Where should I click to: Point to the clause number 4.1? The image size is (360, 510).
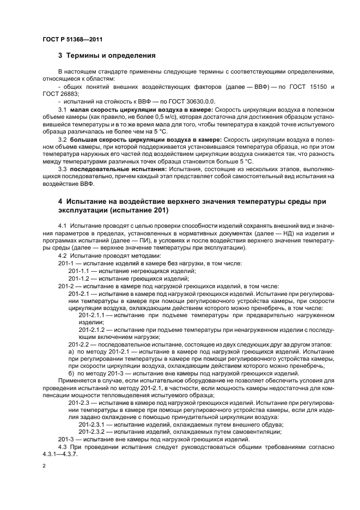point(62,226)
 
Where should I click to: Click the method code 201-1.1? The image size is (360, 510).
point(80,271)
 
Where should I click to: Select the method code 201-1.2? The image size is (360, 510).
point(80,278)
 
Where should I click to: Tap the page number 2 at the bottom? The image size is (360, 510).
point(44,467)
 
